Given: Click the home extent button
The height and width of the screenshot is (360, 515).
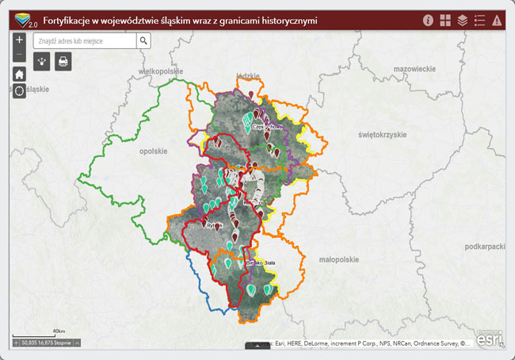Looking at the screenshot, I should click(20, 73).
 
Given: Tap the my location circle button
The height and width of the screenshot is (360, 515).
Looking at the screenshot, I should click(20, 91).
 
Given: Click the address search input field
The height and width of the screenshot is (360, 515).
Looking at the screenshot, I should click(85, 40).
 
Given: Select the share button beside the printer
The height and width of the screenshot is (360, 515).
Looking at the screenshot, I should click(42, 61).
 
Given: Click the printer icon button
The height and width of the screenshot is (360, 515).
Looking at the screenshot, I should click(63, 61).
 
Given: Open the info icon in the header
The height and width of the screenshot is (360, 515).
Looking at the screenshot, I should click(429, 21).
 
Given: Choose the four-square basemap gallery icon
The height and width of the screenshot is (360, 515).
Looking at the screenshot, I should click(445, 21).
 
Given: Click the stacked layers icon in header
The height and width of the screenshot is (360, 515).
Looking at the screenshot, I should click(463, 21).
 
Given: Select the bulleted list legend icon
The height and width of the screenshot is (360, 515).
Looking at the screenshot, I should click(479, 21).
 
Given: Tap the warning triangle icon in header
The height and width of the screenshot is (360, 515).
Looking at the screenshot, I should click(497, 21).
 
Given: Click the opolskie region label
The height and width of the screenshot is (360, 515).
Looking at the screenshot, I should click(154, 151).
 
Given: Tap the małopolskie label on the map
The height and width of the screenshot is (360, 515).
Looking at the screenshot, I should click(338, 259).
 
